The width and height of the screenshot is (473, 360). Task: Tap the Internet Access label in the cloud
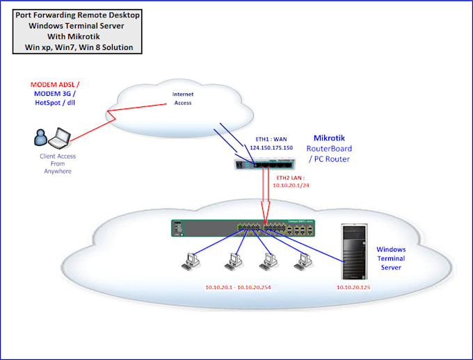click(x=182, y=99)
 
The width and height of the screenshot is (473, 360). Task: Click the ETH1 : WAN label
click(x=267, y=139)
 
